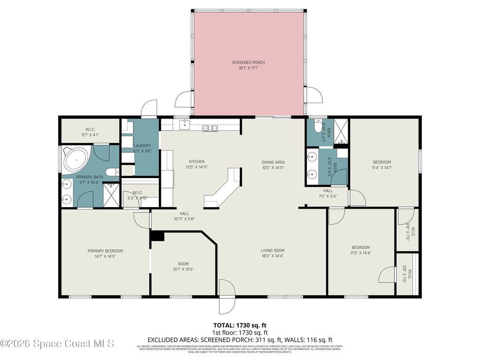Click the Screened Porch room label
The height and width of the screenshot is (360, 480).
pos(245,65)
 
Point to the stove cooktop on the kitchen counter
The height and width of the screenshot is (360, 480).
pos(210,128)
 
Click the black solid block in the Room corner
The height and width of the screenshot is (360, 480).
pos(157,236)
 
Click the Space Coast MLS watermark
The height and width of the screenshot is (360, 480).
pos(57,344)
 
